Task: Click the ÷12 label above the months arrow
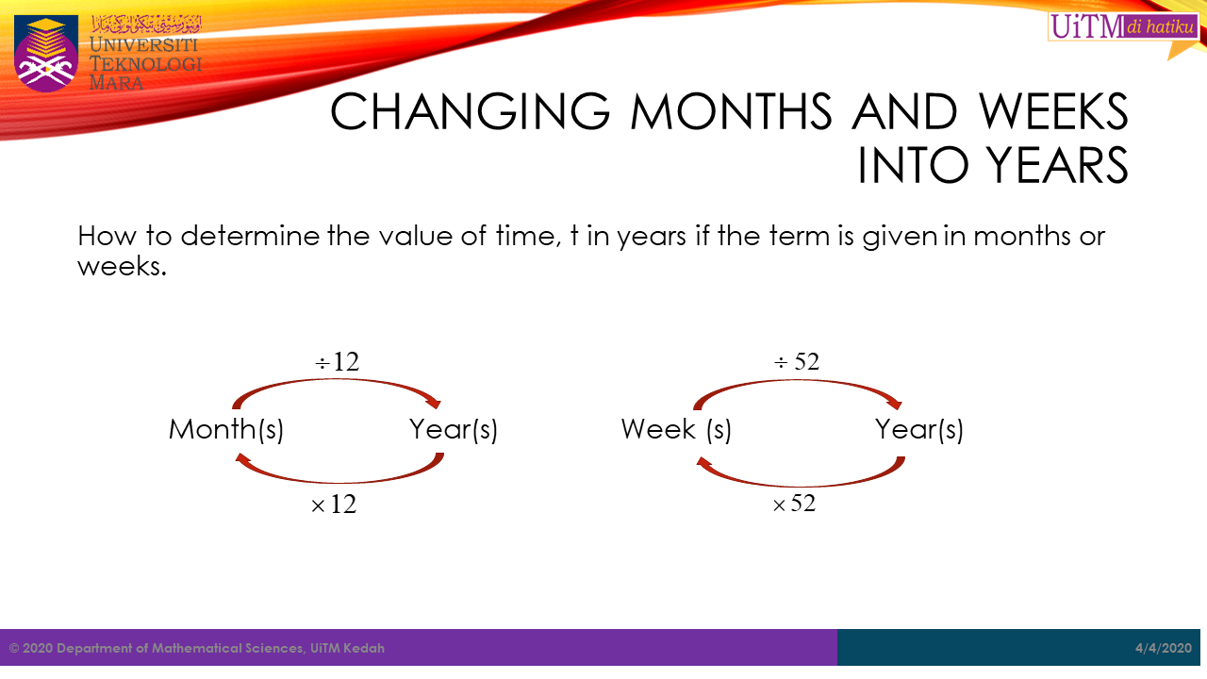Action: (x=338, y=361)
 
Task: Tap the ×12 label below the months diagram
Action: (x=334, y=505)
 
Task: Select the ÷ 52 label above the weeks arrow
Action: (x=797, y=361)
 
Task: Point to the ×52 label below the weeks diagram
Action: (x=794, y=504)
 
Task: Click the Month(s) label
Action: (x=226, y=430)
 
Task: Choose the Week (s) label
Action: (x=677, y=430)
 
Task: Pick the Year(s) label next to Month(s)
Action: (x=454, y=430)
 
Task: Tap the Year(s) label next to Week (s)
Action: (x=919, y=430)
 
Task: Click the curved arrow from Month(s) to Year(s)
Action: (x=338, y=380)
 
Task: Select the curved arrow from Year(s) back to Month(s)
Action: (x=339, y=481)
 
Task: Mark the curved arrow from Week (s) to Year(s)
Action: (x=797, y=380)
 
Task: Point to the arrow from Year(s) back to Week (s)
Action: (x=801, y=485)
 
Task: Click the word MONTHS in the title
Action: (x=731, y=111)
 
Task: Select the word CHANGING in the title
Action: (x=470, y=111)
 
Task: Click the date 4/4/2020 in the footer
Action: (x=1164, y=648)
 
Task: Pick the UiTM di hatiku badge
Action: (x=1124, y=26)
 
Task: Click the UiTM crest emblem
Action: (x=46, y=54)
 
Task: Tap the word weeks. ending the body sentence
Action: (x=123, y=266)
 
